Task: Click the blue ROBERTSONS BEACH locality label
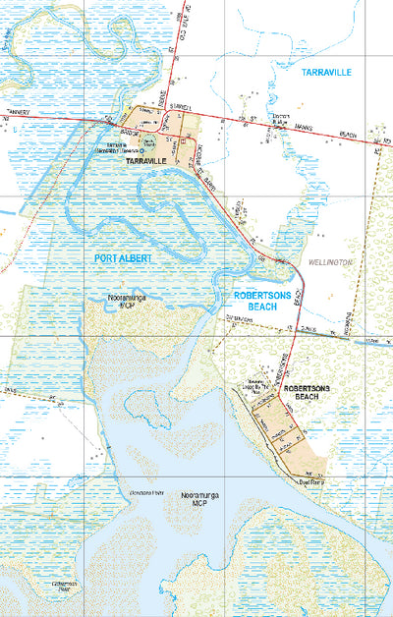260,301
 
